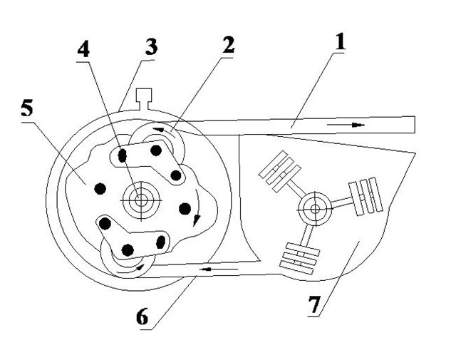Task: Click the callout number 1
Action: coord(340,42)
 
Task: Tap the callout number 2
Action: coord(228,46)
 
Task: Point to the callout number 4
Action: coord(83,49)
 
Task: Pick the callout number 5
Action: coord(27,108)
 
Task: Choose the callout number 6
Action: coord(142,317)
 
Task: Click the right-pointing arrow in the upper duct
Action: coord(346,125)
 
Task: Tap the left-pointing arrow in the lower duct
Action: coord(219,269)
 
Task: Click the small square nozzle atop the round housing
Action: coord(143,98)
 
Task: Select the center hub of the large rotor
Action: coord(140,200)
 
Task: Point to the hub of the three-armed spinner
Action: coord(315,209)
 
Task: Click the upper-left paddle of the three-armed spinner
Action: coord(280,171)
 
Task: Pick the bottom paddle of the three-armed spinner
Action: coord(300,259)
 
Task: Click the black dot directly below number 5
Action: coord(100,189)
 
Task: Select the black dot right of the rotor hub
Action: coord(185,209)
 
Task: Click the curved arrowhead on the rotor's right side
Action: coord(196,220)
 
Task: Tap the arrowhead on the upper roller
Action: coord(159,129)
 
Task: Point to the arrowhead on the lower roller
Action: coord(140,267)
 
